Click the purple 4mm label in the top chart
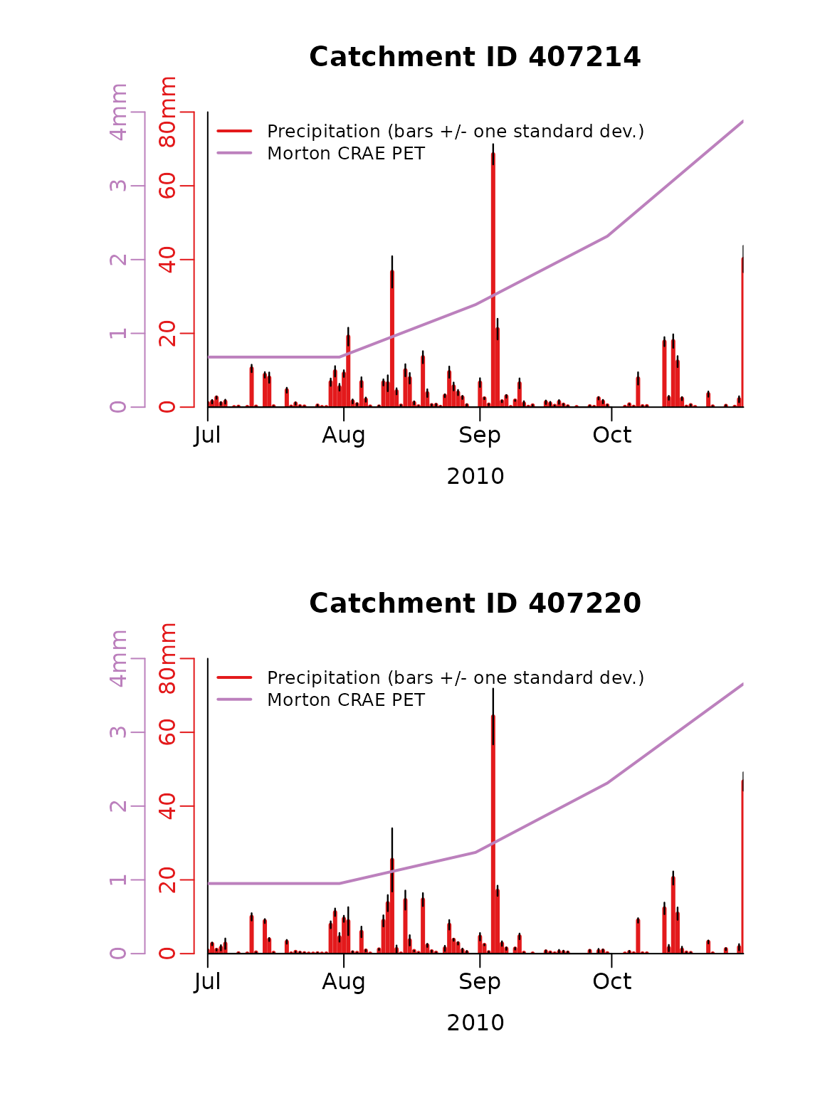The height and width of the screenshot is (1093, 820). pos(118,112)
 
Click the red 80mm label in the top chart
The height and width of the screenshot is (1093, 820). pos(167,112)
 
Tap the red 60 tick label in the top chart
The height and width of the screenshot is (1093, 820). pos(167,186)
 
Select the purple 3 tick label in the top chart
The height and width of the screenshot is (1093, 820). pos(118,186)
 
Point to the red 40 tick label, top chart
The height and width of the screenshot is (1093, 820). pos(167,260)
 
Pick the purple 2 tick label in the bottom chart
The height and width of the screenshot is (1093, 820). pos(118,806)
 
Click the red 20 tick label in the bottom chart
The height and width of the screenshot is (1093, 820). pos(167,880)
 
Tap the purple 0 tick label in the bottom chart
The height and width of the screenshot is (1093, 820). pos(118,954)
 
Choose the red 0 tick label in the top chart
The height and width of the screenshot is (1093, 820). pos(167,407)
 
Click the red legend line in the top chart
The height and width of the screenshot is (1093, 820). pos(234,131)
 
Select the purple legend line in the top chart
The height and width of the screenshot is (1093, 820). pos(234,152)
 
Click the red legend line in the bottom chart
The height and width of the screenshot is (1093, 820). pos(234,677)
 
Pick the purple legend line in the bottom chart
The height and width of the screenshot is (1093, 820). pos(234,699)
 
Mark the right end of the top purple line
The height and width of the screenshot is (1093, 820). pos(742,122)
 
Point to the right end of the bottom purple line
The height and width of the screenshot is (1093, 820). pos(742,685)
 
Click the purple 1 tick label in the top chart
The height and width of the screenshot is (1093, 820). pos(118,334)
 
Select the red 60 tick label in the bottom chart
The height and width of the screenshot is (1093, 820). pos(167,732)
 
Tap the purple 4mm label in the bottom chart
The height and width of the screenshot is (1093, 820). pos(118,659)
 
